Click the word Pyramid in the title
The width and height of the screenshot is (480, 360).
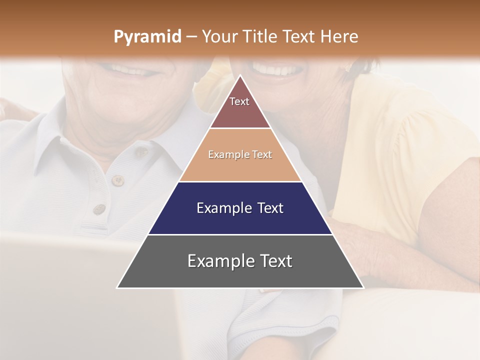tap(147, 37)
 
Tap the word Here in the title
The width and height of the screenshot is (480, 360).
tap(340, 37)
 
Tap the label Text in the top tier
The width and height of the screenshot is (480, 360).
tap(239, 101)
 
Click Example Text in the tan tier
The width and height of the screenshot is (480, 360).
tap(240, 154)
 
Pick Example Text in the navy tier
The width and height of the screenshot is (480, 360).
tap(240, 208)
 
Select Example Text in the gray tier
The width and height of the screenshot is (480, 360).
tap(240, 261)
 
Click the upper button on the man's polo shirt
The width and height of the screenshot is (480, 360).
tap(117, 180)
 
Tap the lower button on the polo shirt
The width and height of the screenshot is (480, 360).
tap(99, 208)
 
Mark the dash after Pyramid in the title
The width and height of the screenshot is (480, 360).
tap(191, 37)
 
